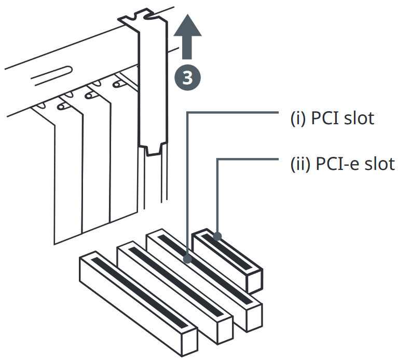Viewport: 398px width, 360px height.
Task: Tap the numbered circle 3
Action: (x=187, y=77)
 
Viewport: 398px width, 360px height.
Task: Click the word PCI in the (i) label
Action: (x=325, y=118)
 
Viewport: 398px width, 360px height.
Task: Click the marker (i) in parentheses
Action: (x=298, y=118)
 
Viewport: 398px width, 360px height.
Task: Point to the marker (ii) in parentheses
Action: (x=300, y=164)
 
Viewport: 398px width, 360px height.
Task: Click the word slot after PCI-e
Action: (x=380, y=164)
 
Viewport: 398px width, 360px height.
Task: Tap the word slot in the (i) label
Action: (x=359, y=118)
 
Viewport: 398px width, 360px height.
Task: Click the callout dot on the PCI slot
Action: (x=187, y=259)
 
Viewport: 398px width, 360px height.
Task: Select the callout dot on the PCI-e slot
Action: (x=217, y=236)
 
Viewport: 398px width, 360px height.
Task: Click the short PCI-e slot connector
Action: (x=227, y=261)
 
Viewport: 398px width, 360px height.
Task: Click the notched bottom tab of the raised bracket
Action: (x=153, y=150)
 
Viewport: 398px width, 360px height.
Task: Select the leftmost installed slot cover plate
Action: (x=68, y=175)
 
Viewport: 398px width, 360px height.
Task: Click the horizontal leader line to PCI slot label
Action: (x=233, y=112)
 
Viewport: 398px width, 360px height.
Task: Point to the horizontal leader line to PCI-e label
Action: (x=248, y=159)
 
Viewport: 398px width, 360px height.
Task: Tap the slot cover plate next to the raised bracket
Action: (x=125, y=152)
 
